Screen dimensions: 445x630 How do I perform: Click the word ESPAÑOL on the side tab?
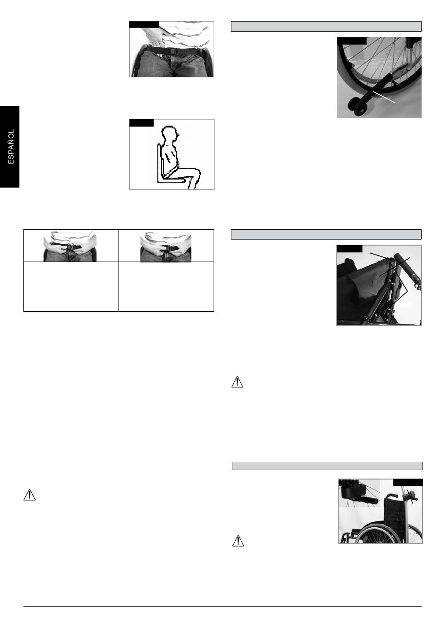11,147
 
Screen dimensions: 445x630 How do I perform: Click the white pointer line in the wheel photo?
384,97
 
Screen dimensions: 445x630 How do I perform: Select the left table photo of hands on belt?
70,247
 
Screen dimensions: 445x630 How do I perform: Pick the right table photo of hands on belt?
166,247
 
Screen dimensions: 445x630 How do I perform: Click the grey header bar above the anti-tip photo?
326,26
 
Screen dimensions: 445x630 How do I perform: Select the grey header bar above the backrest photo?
326,234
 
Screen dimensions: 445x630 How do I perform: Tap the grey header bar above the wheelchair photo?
327,466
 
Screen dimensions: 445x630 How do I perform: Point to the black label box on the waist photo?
144,24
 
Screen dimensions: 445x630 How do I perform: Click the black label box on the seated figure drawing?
141,123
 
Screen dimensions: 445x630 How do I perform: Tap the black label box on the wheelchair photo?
408,482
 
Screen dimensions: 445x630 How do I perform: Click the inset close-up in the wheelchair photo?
359,493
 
